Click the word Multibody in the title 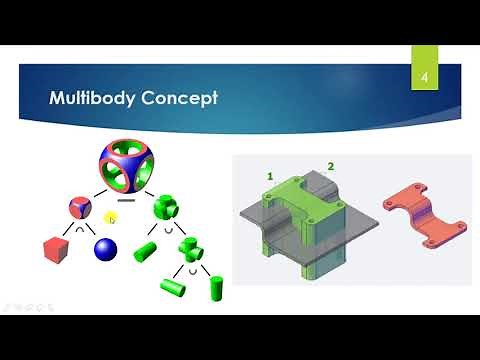click(93, 99)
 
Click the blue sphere click(105, 249)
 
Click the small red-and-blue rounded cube click(79, 208)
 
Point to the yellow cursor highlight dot click(112, 217)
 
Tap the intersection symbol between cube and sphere click(79, 228)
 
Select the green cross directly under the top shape click(165, 211)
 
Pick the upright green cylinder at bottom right click(211, 286)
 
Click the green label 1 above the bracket click(268, 176)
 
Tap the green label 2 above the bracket click(330, 165)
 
